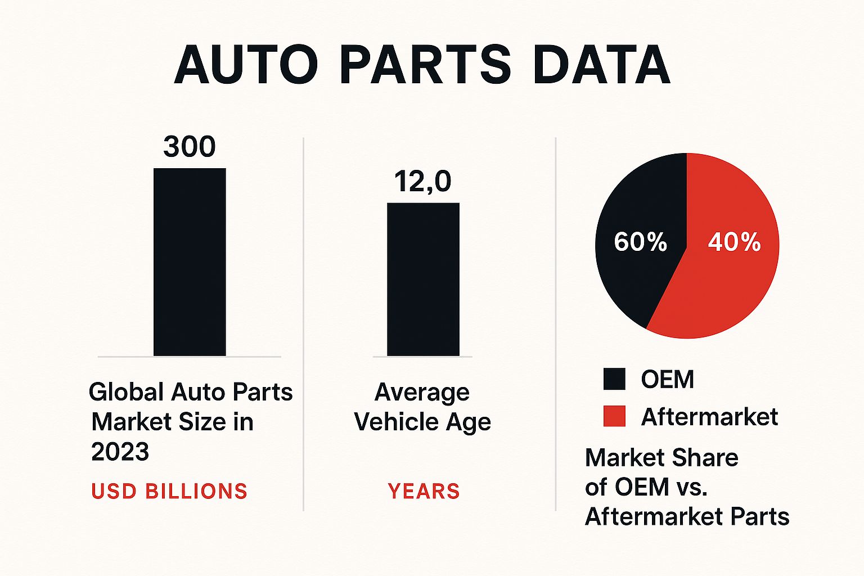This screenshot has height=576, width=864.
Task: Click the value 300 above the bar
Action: (190, 147)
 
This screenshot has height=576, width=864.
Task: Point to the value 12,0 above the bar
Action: (422, 182)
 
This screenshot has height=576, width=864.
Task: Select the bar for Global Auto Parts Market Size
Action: (190, 262)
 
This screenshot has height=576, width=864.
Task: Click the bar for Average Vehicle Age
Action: (423, 280)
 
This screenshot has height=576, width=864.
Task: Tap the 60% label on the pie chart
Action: (640, 242)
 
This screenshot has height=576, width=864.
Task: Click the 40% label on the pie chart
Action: (734, 242)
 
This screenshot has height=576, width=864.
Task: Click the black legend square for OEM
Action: (614, 379)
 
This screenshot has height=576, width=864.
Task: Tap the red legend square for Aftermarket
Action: (614, 416)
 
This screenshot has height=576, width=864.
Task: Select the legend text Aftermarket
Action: (709, 417)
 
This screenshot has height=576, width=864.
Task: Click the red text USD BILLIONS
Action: (169, 491)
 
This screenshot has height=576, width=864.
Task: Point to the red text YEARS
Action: (424, 491)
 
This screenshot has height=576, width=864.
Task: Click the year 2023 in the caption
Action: (120, 451)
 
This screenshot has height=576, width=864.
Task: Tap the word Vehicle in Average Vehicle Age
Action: (396, 421)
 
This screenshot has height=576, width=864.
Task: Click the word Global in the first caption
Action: (126, 391)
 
